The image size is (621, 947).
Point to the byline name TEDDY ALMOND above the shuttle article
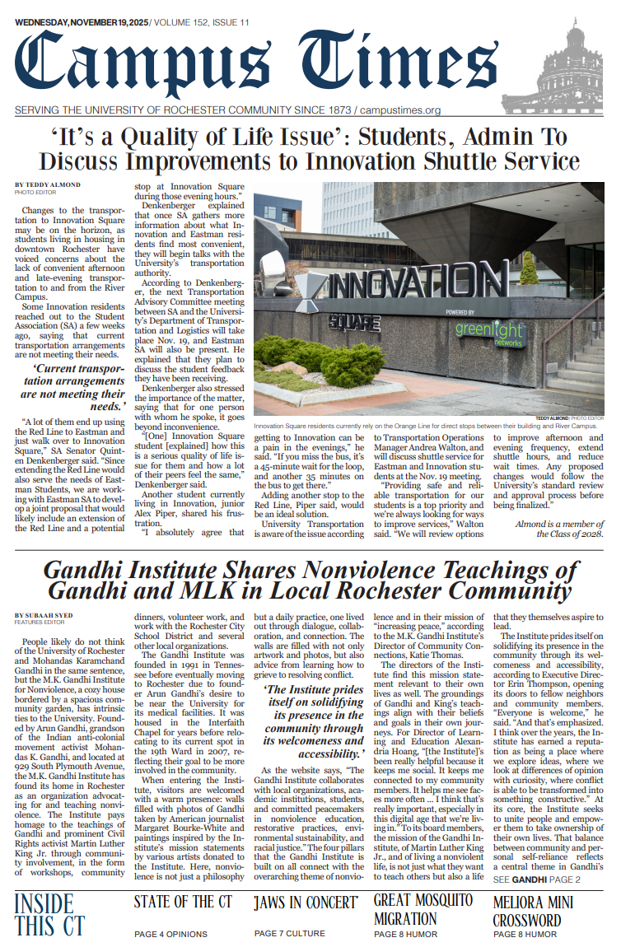[x=48, y=184]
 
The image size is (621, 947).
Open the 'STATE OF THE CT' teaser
[x=183, y=902]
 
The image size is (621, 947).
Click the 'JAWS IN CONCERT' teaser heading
[x=305, y=903]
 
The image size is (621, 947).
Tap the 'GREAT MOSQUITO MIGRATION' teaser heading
[x=423, y=909]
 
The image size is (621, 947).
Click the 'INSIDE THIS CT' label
[x=49, y=914]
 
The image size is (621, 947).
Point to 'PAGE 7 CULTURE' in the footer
[x=290, y=933]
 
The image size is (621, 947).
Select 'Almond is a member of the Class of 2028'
[x=559, y=528]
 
